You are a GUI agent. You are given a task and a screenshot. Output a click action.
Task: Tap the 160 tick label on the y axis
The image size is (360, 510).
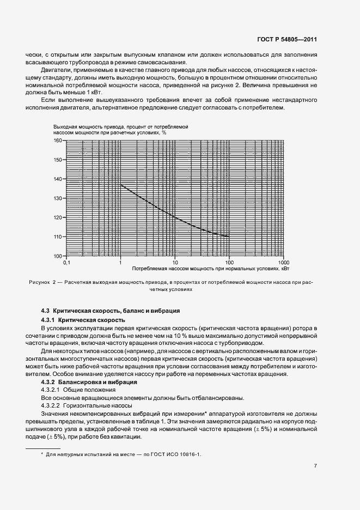pos(58,141)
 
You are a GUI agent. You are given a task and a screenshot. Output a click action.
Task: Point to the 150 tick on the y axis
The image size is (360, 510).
pos(58,160)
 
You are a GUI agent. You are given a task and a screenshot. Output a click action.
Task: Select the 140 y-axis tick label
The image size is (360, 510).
pos(58,179)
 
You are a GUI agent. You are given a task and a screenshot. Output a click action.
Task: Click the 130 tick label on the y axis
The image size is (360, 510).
pos(58,198)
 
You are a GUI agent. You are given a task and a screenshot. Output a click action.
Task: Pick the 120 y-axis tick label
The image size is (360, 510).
pos(58,217)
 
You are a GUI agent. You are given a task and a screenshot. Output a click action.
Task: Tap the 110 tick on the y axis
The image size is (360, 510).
pos(58,236)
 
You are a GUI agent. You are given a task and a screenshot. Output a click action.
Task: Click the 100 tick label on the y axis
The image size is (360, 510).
pos(58,256)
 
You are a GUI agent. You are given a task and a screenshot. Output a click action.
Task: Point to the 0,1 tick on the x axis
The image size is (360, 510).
pos(66,263)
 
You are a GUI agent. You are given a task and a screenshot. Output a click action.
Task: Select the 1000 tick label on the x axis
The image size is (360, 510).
pos(283,263)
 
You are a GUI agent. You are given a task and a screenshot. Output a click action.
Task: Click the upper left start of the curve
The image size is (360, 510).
pos(120,185)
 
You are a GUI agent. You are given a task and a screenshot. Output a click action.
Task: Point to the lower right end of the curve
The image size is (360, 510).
pos(229,236)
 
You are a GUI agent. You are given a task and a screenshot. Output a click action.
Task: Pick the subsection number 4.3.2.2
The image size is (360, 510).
pos(51,406)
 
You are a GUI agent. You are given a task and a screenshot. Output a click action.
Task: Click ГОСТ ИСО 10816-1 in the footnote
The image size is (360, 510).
pos(179,453)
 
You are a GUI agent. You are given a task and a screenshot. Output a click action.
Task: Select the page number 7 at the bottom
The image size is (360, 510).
pos(316,466)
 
